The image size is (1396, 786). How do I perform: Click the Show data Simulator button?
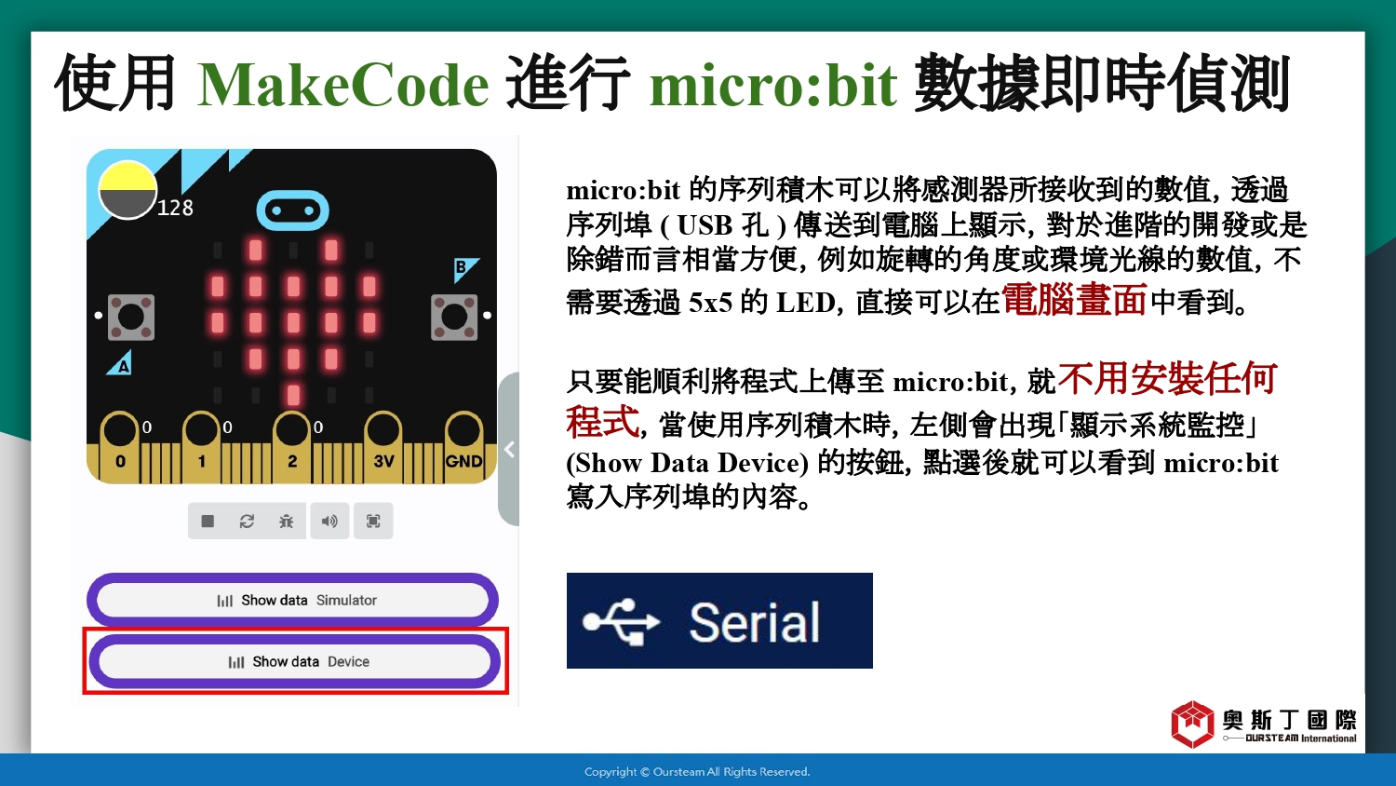292,600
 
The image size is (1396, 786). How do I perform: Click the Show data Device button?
295,661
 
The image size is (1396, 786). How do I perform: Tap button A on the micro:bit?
131,318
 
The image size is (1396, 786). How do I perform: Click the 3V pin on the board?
383,447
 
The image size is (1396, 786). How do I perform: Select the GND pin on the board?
463,447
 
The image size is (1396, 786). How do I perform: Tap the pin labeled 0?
120,447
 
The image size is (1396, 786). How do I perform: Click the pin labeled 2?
291,447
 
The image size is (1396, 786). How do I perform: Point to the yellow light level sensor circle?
128,190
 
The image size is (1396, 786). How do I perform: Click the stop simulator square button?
208,521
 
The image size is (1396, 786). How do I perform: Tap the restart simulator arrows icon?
247,521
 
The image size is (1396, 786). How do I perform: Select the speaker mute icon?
329,521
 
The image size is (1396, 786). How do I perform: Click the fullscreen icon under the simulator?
373,521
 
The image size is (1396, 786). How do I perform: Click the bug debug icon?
286,521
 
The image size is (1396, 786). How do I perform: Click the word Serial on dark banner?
755,622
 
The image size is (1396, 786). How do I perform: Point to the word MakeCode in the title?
342,85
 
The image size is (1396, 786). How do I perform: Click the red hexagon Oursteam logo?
1192,724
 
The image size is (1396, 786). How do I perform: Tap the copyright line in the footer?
697,772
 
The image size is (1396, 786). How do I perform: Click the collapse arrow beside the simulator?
510,449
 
